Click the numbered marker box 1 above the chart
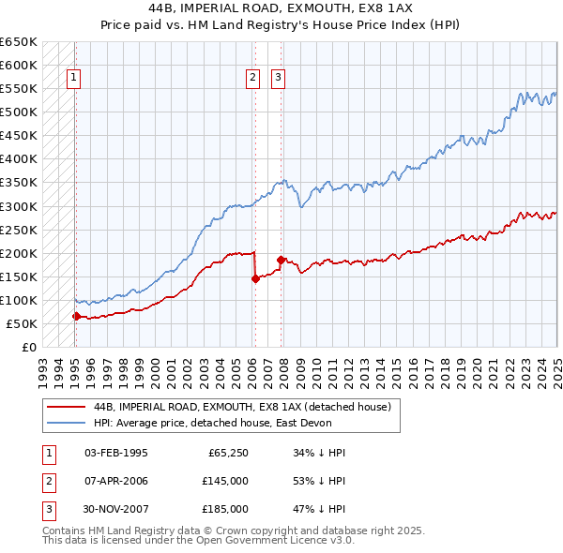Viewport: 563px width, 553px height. click(74, 79)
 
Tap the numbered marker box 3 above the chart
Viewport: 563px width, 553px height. click(279, 79)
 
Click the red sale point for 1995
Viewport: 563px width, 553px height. click(76, 316)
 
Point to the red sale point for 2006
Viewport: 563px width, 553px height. click(255, 278)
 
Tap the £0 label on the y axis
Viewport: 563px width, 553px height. click(29, 347)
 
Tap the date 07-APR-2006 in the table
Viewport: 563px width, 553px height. click(115, 481)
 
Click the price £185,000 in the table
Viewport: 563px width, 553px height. click(225, 509)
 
